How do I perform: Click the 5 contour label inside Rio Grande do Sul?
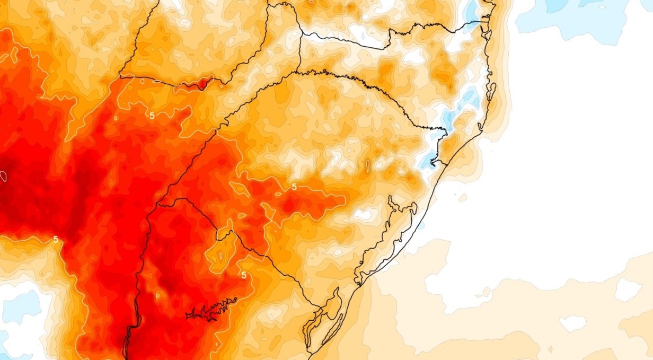294,187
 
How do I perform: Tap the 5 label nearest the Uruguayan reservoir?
243,275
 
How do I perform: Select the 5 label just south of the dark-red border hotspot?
152,115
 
